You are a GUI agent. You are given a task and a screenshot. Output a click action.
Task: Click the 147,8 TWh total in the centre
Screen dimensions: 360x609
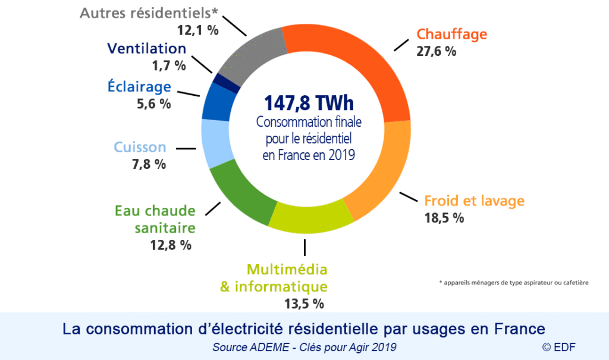click(304, 102)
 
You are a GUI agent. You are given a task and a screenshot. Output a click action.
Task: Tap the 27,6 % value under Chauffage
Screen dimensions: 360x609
click(437, 52)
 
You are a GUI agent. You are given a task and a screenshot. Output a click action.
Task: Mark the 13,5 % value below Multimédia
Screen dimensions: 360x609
click(304, 304)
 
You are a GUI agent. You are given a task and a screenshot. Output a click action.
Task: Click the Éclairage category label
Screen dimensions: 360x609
click(139, 87)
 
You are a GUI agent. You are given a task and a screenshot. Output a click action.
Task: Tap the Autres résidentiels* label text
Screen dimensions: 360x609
click(149, 13)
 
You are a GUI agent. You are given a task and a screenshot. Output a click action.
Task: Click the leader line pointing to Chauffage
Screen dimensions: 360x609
click(399, 46)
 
